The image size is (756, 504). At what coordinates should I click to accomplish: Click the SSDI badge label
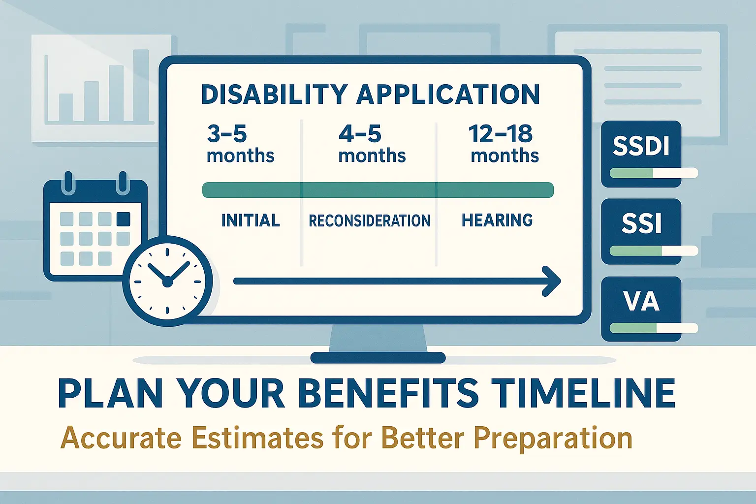tap(641, 146)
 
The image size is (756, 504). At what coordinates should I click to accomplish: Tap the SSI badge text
tap(641, 224)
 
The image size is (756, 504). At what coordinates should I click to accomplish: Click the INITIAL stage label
tap(251, 220)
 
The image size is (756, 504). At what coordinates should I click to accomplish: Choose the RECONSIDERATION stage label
tap(370, 220)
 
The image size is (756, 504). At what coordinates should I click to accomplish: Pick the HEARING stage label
tap(497, 220)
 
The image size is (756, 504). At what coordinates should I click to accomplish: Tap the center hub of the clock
tap(167, 282)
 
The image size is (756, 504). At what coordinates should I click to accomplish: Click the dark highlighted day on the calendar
tap(123, 219)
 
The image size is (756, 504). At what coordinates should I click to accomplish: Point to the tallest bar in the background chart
tap(141, 85)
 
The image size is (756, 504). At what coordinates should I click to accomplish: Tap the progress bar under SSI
tap(654, 251)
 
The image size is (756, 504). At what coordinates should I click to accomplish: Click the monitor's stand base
tap(378, 357)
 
